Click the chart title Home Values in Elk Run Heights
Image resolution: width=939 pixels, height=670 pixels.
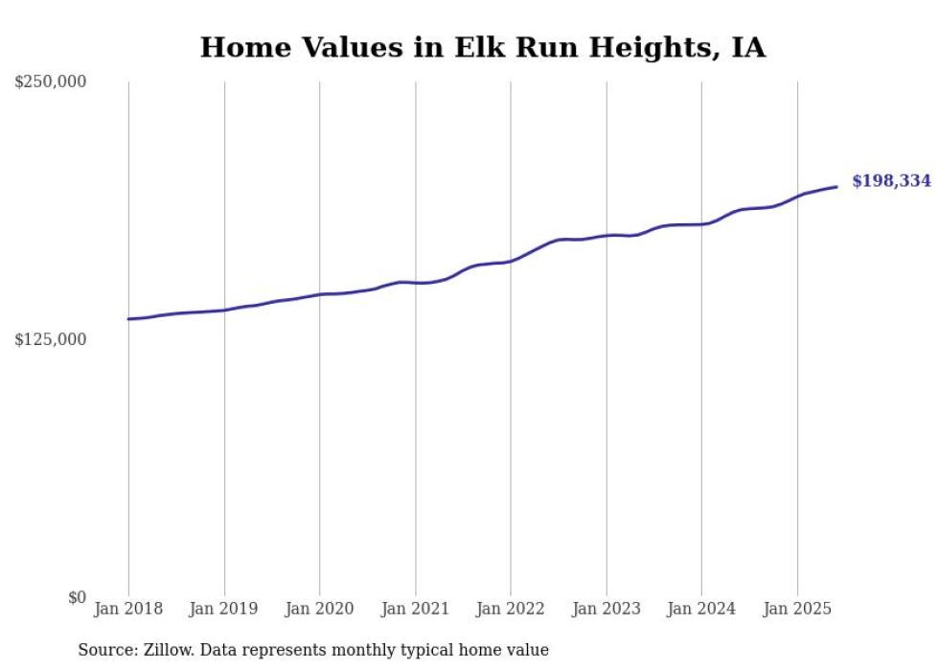point(482,47)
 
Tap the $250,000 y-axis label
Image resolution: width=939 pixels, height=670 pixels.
point(51,82)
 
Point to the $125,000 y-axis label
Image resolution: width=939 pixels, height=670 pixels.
point(51,339)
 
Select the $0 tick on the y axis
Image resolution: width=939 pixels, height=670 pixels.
point(78,597)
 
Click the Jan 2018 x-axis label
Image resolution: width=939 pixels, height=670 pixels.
point(128,609)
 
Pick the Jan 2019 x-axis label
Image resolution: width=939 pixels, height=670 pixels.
point(224,609)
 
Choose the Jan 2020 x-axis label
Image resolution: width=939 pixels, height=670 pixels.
point(320,609)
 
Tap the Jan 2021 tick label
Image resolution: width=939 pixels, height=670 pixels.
point(416,609)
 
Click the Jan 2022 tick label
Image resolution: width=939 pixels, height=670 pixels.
point(511,609)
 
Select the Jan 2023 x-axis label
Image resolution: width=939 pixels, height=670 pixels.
point(607,609)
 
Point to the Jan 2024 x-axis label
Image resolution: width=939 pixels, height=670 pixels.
point(702,609)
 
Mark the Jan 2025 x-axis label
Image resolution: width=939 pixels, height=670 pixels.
point(797,609)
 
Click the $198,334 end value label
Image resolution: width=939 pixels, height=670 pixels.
point(891,180)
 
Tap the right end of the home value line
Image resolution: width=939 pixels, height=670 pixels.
point(837,187)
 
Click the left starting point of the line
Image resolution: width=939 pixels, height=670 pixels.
point(128,319)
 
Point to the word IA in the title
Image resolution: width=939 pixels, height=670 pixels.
point(748,47)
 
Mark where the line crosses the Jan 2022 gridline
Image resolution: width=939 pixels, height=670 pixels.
point(511,260)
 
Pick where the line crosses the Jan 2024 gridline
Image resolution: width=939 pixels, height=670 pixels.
point(702,224)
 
